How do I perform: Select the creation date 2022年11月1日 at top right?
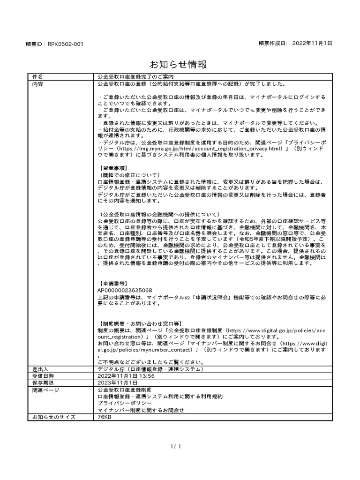(x=312, y=43)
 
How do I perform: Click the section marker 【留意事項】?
(x=114, y=168)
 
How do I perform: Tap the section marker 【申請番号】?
(x=114, y=284)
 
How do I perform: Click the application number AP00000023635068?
(x=124, y=291)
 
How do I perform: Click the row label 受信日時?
(x=43, y=376)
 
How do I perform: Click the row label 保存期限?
(x=43, y=382)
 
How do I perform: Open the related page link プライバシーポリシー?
(x=124, y=403)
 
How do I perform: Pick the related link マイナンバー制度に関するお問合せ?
(x=141, y=410)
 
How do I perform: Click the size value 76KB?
(x=104, y=416)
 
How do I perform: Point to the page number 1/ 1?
(x=177, y=447)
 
